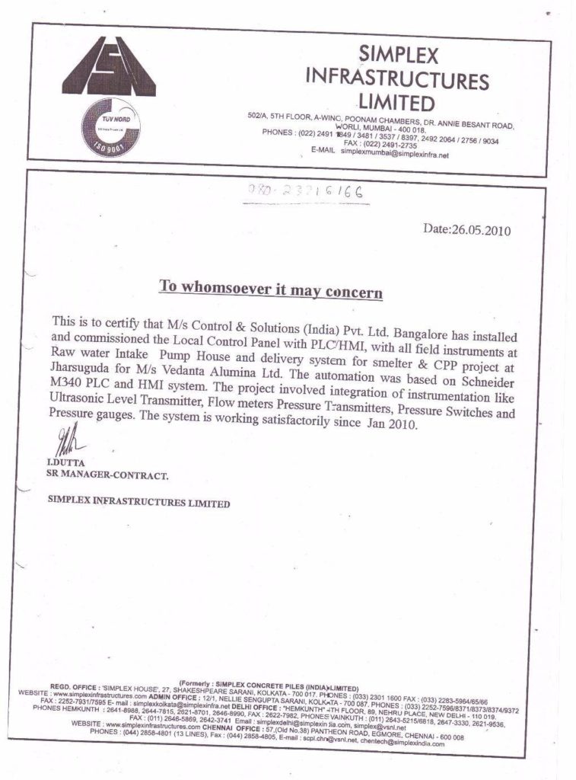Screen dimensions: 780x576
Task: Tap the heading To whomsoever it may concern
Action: coord(270,289)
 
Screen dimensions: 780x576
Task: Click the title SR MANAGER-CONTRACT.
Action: coord(107,475)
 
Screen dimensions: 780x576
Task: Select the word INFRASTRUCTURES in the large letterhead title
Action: coord(396,78)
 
